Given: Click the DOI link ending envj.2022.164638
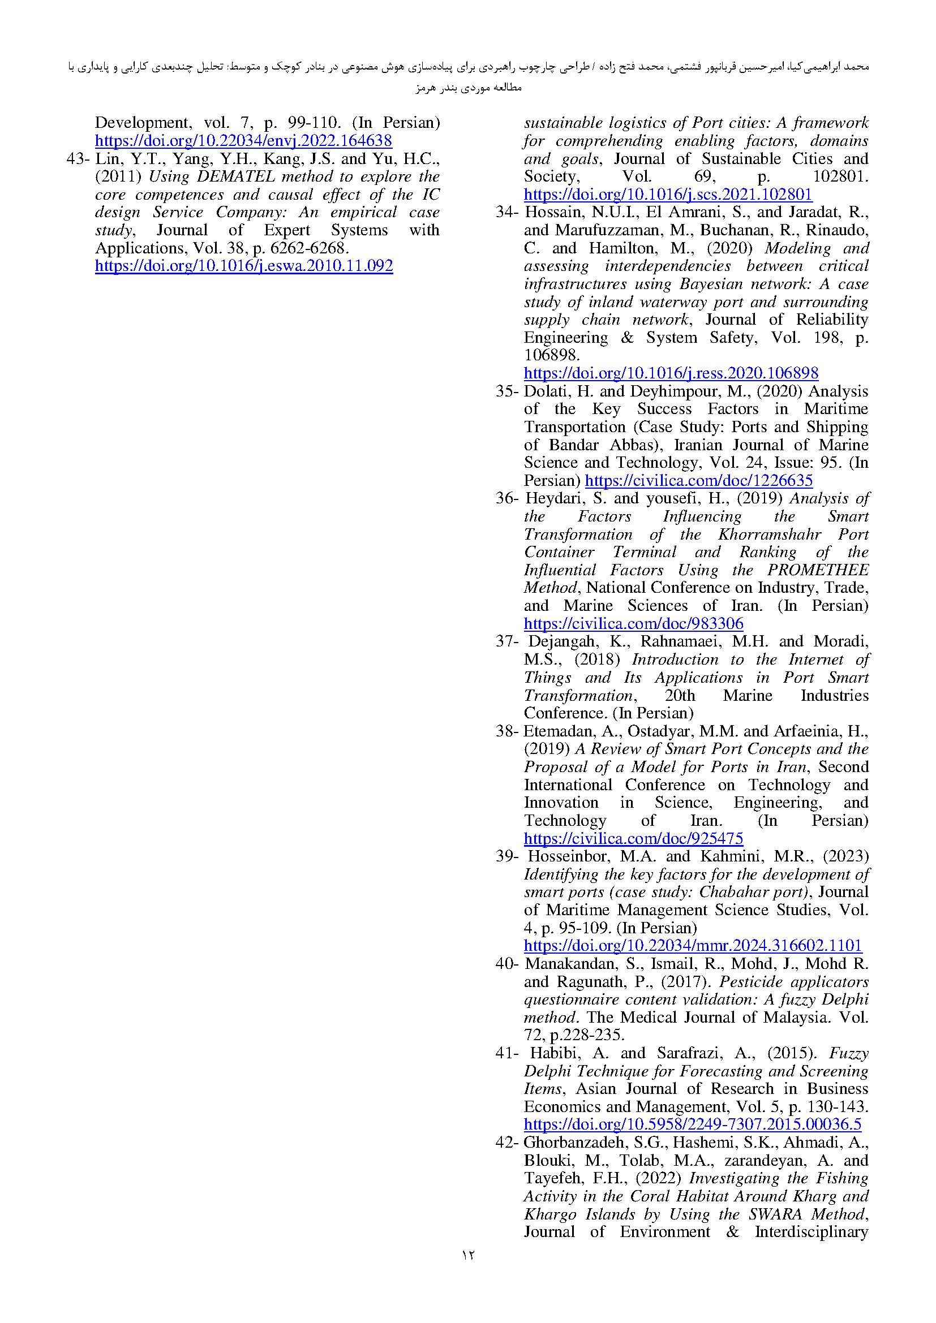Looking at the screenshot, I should [x=243, y=141].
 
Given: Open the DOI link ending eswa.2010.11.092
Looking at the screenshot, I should [x=243, y=266].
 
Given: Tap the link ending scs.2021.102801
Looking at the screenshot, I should [x=667, y=194].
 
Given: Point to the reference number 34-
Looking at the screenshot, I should [x=507, y=212].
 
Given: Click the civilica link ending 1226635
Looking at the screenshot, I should [x=698, y=481].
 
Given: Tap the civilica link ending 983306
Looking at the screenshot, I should [x=633, y=623].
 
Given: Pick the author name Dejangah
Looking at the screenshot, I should [x=562, y=641].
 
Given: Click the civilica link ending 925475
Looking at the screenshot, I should [x=633, y=838].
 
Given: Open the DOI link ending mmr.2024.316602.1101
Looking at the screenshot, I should [x=692, y=946].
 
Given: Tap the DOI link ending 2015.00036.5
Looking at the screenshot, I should [x=692, y=1124].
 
